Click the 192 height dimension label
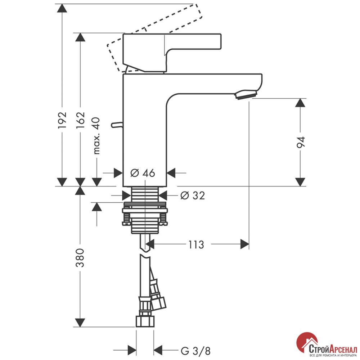click(62, 120)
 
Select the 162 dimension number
click(80, 120)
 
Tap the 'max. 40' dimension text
click(96, 136)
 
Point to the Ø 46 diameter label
click(143, 173)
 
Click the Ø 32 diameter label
click(193, 195)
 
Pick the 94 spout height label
click(301, 142)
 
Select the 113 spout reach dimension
click(196, 245)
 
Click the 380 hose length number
click(80, 258)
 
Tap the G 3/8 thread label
click(195, 351)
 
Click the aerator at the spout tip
click(246, 95)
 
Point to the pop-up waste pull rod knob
click(117, 125)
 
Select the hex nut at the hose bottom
click(145, 321)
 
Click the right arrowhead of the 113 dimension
click(245, 244)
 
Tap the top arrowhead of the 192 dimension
click(62, 8)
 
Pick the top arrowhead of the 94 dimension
click(300, 103)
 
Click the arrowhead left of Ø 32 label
click(126, 195)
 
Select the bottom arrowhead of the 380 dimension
click(80, 323)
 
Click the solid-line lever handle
click(172, 53)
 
